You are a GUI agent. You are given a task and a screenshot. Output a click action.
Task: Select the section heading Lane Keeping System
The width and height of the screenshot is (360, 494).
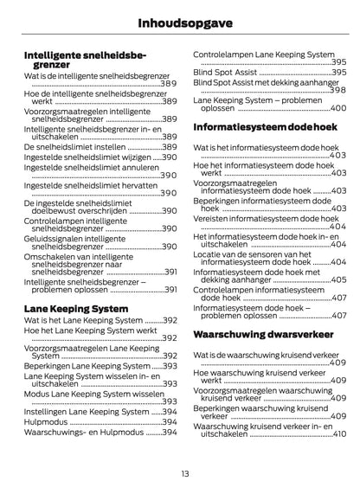pyautogui.click(x=76, y=307)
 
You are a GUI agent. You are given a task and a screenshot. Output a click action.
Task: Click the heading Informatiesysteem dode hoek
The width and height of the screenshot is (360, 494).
pyautogui.click(x=264, y=126)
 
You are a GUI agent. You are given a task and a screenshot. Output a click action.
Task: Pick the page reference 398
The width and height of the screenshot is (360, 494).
pyautogui.click(x=338, y=90)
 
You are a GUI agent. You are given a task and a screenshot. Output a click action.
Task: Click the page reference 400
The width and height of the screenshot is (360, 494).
pyautogui.click(x=338, y=109)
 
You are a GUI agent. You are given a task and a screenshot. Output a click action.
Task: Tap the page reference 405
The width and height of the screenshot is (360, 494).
pyautogui.click(x=338, y=279)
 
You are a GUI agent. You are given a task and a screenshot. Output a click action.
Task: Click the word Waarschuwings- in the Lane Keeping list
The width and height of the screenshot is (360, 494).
pyautogui.click(x=57, y=433)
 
